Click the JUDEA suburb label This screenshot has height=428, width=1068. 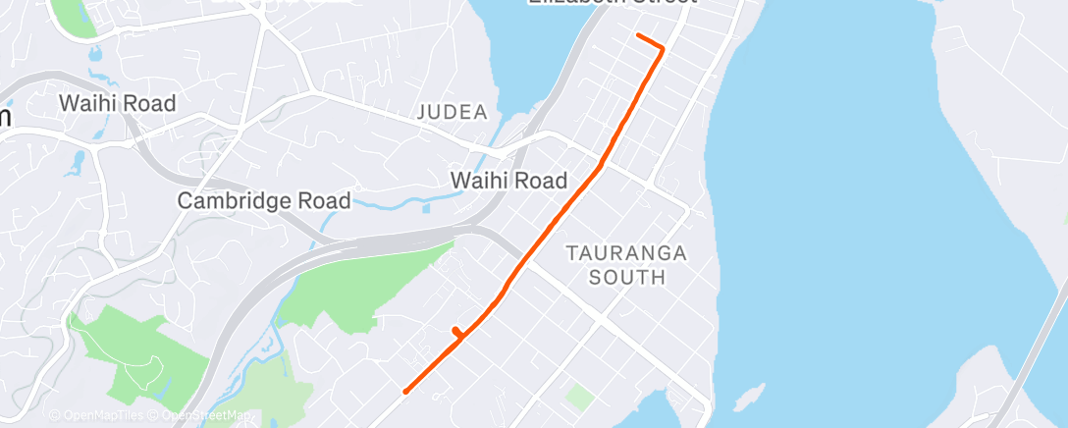pyautogui.click(x=453, y=112)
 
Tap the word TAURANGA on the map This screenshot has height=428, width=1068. pyautogui.click(x=626, y=253)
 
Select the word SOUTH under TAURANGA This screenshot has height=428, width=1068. pyautogui.click(x=626, y=278)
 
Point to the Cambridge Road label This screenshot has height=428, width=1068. pyautogui.click(x=264, y=201)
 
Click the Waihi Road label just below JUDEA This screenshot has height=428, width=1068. pyautogui.click(x=508, y=181)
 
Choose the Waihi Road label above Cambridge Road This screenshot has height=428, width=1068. pyautogui.click(x=117, y=103)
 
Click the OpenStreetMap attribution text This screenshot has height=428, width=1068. pyautogui.click(x=200, y=416)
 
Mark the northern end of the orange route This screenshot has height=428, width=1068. pyautogui.click(x=639, y=35)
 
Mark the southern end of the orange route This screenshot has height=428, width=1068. pyautogui.click(x=405, y=392)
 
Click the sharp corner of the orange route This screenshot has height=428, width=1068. pyautogui.click(x=664, y=47)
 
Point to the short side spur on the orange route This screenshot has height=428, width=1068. pyautogui.click(x=455, y=332)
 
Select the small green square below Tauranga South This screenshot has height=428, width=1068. pyautogui.click(x=580, y=398)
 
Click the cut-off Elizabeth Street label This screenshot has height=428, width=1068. pyautogui.click(x=612, y=3)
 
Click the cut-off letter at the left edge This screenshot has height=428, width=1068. pyautogui.click(x=4, y=116)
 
